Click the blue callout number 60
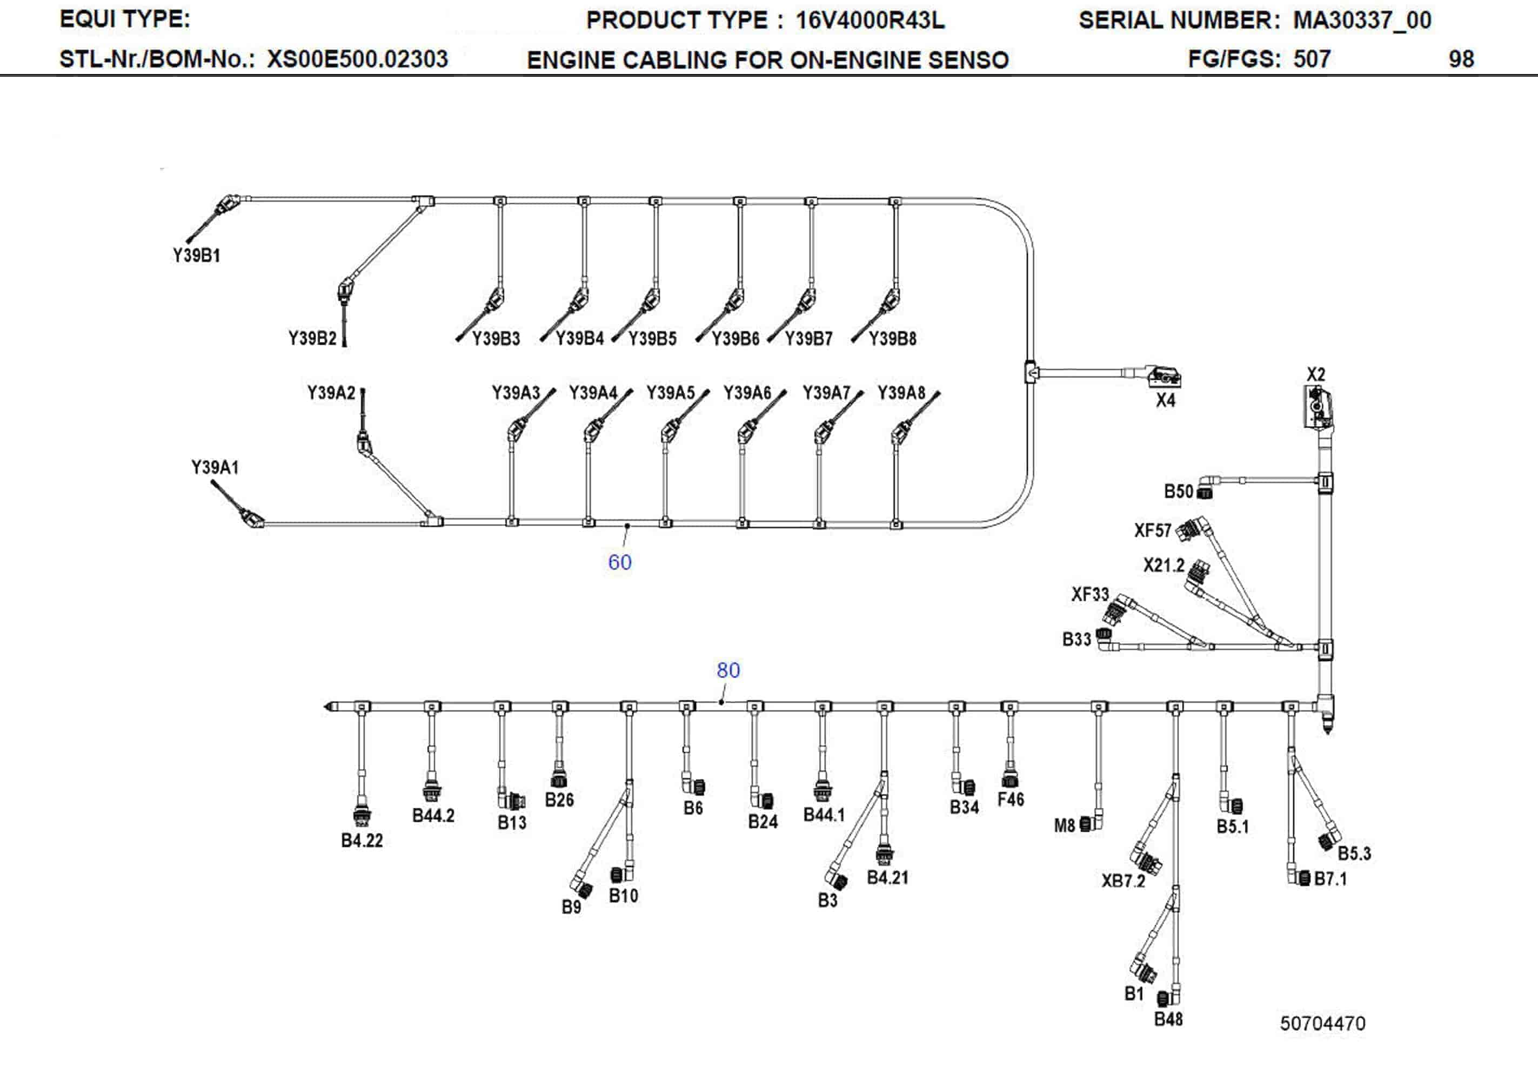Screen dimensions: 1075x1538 [620, 562]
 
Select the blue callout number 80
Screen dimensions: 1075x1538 [728, 670]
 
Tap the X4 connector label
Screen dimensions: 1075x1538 [1166, 400]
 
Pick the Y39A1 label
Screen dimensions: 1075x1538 [215, 467]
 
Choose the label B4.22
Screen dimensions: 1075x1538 [362, 841]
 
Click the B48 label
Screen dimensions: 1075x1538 [1168, 1019]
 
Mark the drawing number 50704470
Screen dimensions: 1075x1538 [1322, 1024]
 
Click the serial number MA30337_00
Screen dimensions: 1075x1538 [1362, 21]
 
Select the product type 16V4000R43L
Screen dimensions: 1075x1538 [870, 21]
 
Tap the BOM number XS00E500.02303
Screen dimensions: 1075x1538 [357, 59]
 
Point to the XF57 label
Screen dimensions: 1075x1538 [1152, 531]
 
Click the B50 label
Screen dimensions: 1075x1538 [1178, 492]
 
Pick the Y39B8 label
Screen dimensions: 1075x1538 [892, 339]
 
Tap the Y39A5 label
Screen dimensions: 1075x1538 [670, 393]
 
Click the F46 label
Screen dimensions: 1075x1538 [1010, 799]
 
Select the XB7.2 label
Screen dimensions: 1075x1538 [1124, 881]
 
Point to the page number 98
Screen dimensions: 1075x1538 [1461, 59]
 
